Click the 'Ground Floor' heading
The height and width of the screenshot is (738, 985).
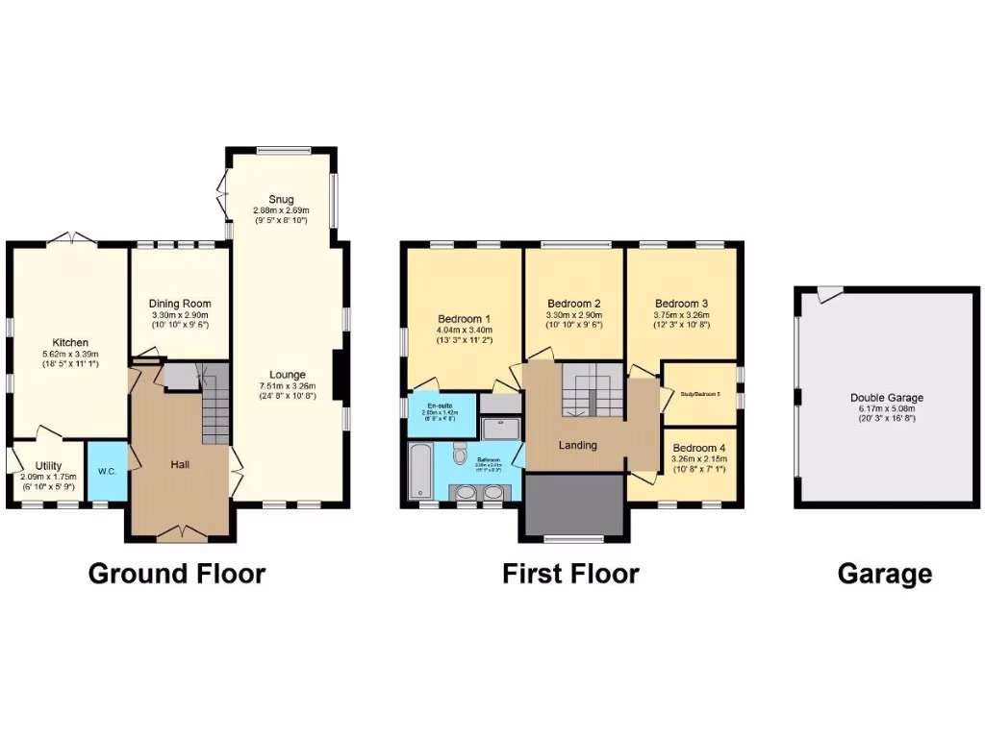(x=176, y=574)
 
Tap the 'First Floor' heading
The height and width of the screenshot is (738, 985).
(x=570, y=574)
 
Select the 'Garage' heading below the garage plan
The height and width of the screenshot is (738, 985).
(x=884, y=574)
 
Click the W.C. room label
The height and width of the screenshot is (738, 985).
(x=106, y=472)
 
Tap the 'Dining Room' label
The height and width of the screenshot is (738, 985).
(x=180, y=304)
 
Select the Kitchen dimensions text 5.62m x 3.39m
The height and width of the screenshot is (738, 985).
(x=70, y=354)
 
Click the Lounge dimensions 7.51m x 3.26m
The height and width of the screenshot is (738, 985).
(x=288, y=386)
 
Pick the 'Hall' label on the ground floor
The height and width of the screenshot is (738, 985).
(x=180, y=464)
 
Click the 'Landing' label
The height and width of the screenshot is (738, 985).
(x=577, y=445)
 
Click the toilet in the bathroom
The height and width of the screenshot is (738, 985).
(x=459, y=453)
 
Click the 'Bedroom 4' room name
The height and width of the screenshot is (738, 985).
(x=699, y=448)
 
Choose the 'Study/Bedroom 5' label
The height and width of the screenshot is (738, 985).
(x=699, y=392)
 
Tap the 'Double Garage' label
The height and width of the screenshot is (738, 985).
(x=886, y=398)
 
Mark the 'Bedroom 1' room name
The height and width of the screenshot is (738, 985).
(x=465, y=319)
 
